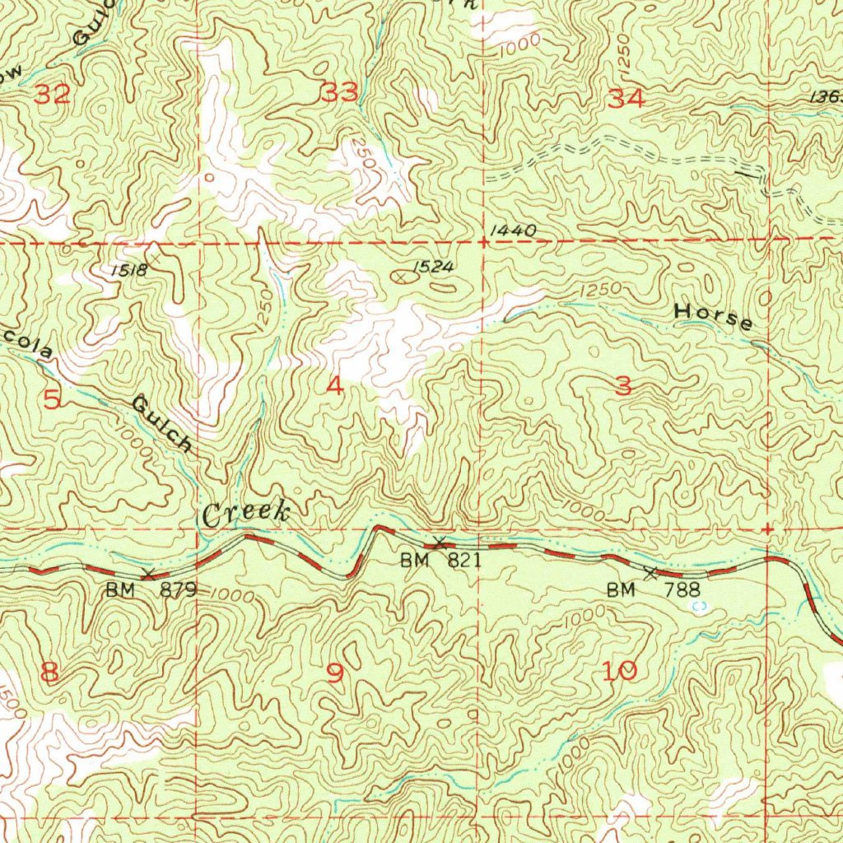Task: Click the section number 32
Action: (52, 95)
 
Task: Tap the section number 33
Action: (339, 93)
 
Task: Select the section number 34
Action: (626, 99)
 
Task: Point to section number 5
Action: (52, 400)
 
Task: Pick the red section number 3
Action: (623, 385)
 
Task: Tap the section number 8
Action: (49, 673)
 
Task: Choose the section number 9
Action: (334, 673)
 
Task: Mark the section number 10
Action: (619, 672)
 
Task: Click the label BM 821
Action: (440, 561)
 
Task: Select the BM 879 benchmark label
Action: (151, 589)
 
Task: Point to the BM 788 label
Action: (653, 589)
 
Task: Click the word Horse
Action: (713, 316)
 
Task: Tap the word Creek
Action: (246, 515)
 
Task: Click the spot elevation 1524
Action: (433, 267)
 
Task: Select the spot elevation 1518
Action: (130, 270)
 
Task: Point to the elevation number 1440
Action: (512, 232)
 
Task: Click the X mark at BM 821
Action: (440, 543)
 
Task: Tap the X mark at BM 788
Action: (650, 572)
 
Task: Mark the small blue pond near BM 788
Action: (700, 605)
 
